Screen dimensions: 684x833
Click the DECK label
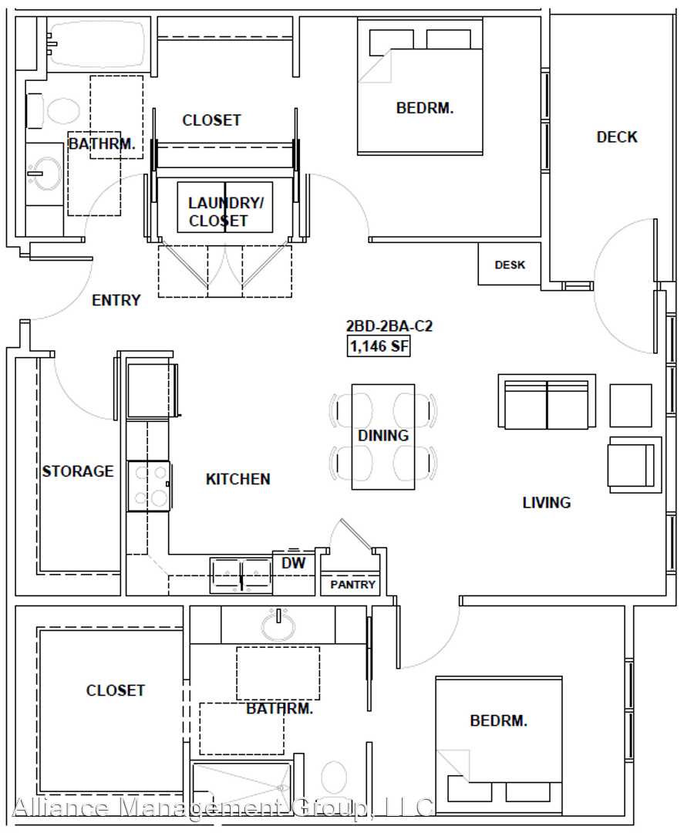(x=617, y=137)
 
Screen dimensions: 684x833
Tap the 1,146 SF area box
(x=379, y=346)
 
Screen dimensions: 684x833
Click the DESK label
(x=510, y=265)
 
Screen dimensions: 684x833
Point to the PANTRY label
(x=352, y=585)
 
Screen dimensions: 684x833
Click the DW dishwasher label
(x=293, y=563)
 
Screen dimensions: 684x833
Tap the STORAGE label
(x=78, y=471)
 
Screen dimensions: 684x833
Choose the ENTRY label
(x=116, y=300)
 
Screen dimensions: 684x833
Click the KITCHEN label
(x=238, y=479)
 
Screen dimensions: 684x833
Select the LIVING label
(x=547, y=503)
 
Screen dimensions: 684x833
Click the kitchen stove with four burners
(x=149, y=486)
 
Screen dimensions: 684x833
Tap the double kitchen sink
(x=241, y=575)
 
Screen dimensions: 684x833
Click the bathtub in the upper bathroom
(x=96, y=44)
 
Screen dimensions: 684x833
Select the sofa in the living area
(x=547, y=401)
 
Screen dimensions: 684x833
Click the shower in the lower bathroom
(x=241, y=791)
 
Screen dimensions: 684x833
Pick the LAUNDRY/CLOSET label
(x=226, y=212)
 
